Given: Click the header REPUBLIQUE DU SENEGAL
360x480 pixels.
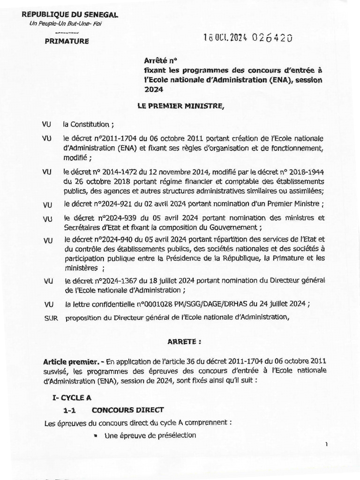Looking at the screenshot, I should point(70,15).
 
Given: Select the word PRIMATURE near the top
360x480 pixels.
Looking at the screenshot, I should point(66,41).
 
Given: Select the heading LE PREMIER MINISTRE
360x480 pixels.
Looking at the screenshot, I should point(181,107).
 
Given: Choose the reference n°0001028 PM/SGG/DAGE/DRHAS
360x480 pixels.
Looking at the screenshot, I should point(179,304).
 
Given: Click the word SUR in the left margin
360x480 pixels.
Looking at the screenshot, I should point(50,318).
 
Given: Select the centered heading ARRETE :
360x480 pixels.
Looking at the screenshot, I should point(184,342).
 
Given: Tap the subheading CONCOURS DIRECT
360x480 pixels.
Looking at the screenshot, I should point(121,410).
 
